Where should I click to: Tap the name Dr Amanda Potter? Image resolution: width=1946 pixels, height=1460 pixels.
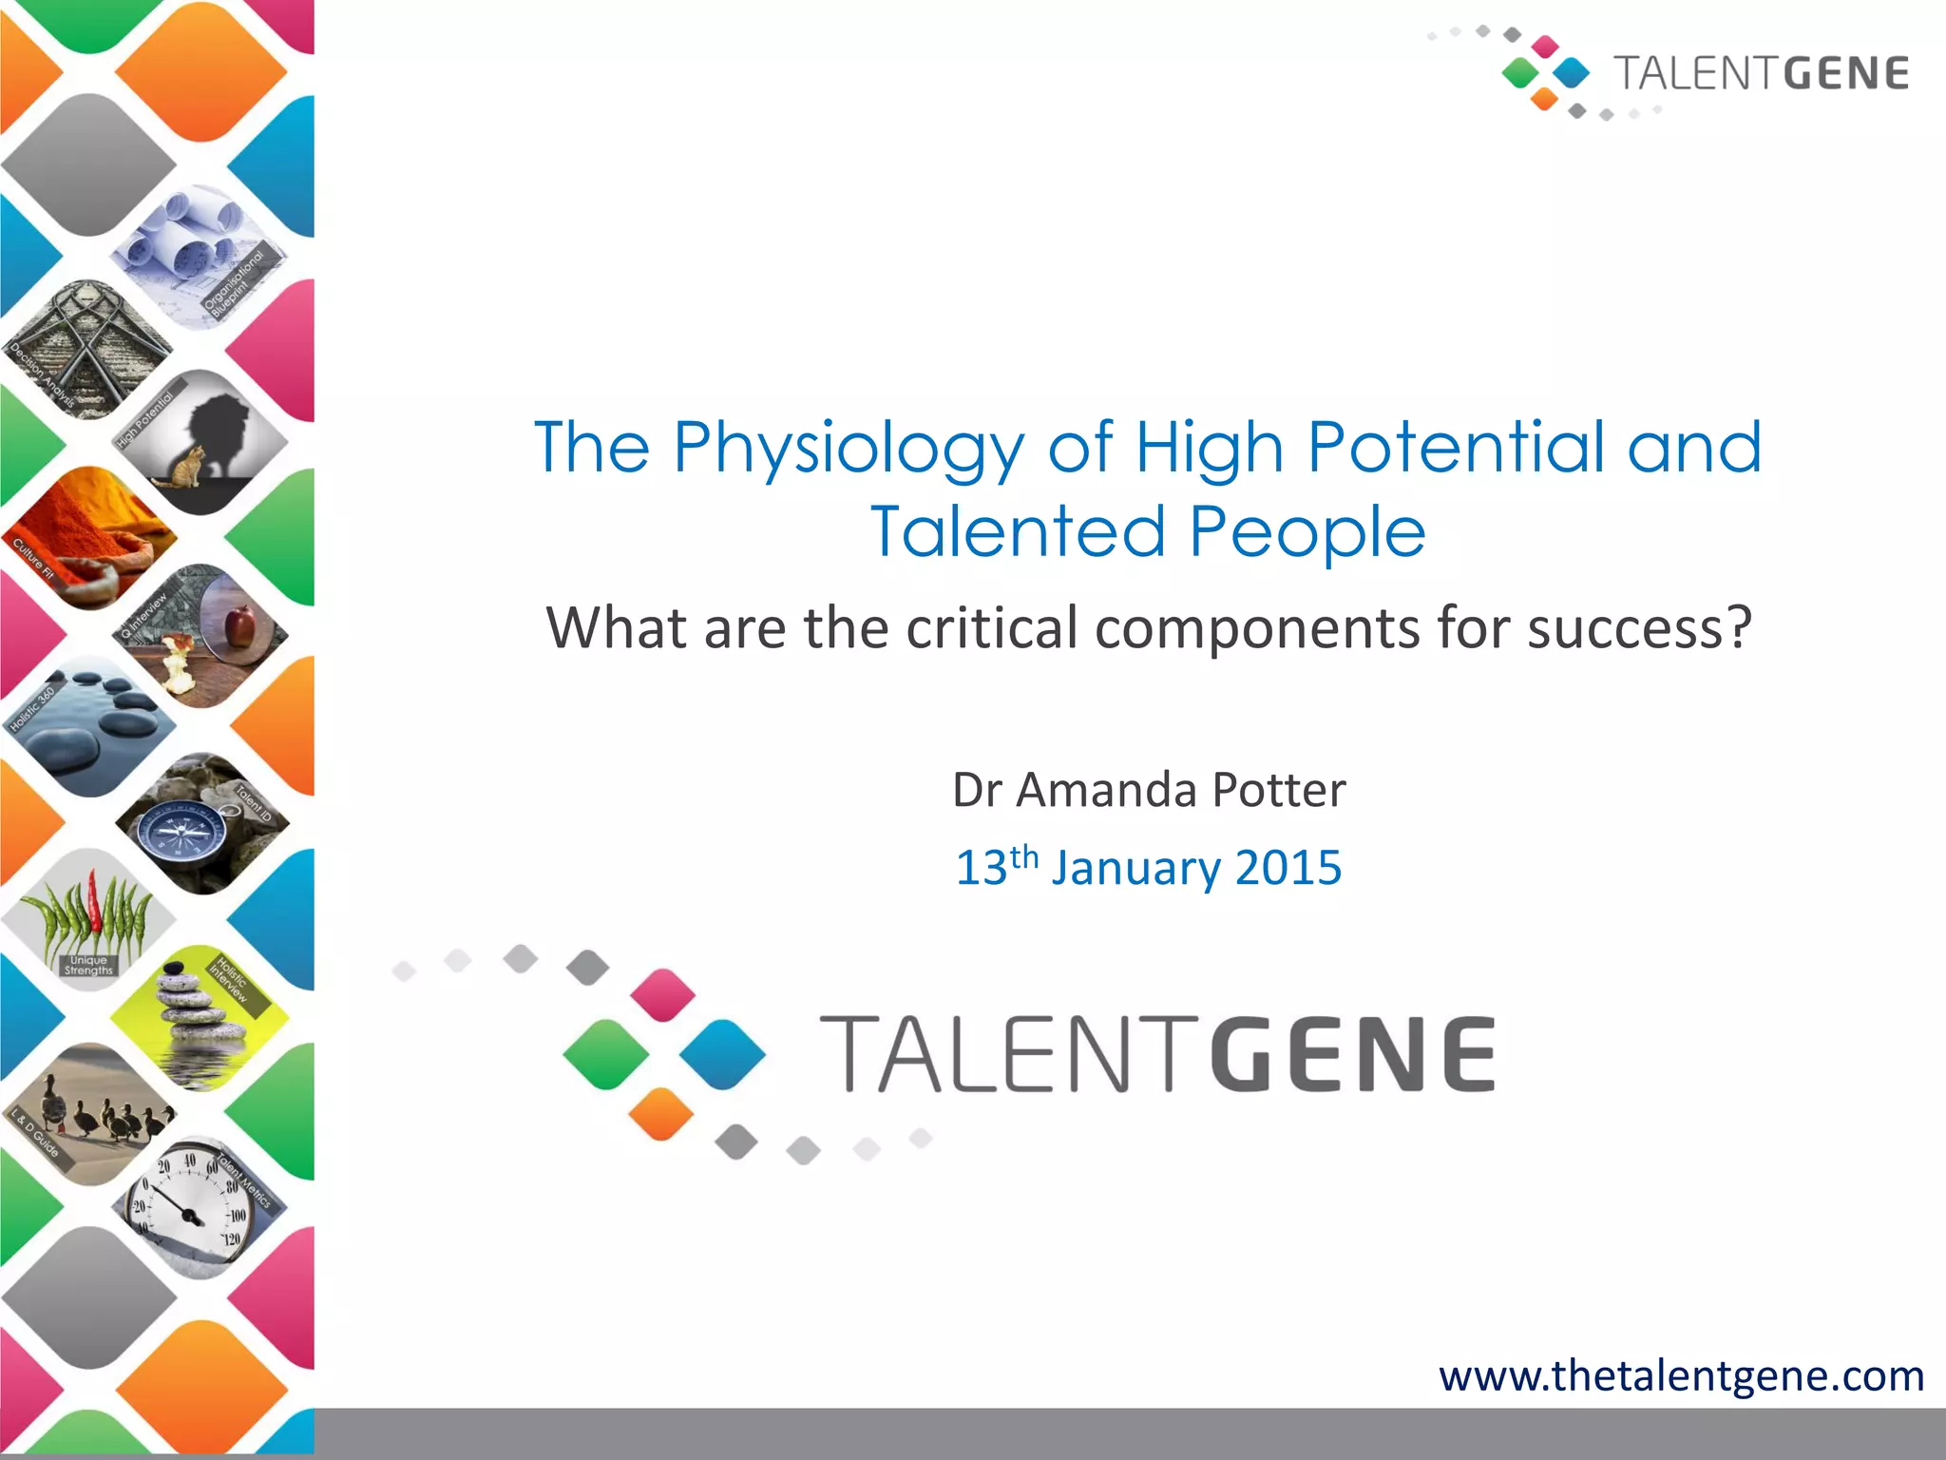pyautogui.click(x=1149, y=790)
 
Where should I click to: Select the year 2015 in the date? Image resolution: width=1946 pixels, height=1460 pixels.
pyautogui.click(x=1288, y=868)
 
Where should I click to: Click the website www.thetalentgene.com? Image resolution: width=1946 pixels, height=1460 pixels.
pyautogui.click(x=1681, y=1375)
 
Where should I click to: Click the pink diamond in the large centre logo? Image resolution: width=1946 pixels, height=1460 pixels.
pyautogui.click(x=662, y=994)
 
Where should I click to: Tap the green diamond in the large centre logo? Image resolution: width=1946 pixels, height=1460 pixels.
pyautogui.click(x=605, y=1054)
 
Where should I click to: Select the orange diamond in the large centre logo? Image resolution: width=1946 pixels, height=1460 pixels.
pyautogui.click(x=661, y=1113)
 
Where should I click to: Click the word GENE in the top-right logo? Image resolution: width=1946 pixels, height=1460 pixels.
pyautogui.click(x=1845, y=74)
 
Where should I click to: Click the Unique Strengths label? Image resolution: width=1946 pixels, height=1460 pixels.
pyautogui.click(x=88, y=966)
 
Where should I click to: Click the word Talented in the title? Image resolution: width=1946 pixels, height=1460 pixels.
pyautogui.click(x=1016, y=531)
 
